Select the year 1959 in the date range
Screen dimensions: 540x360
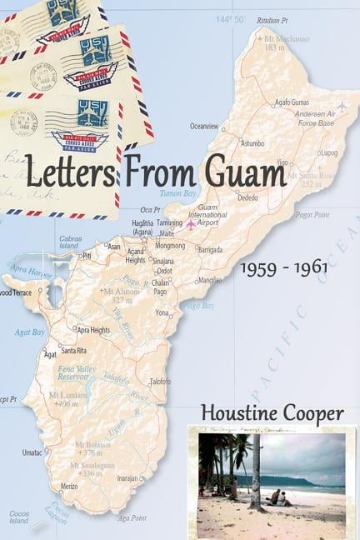click(x=259, y=267)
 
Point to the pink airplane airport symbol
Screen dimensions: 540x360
click(x=191, y=223)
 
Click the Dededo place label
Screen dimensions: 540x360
click(x=247, y=197)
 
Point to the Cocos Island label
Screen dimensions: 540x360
click(x=20, y=517)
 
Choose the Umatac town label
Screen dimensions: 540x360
click(x=32, y=452)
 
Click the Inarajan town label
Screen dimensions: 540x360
click(x=127, y=478)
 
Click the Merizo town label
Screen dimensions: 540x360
click(x=69, y=486)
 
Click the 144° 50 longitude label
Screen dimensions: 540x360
click(x=230, y=19)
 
